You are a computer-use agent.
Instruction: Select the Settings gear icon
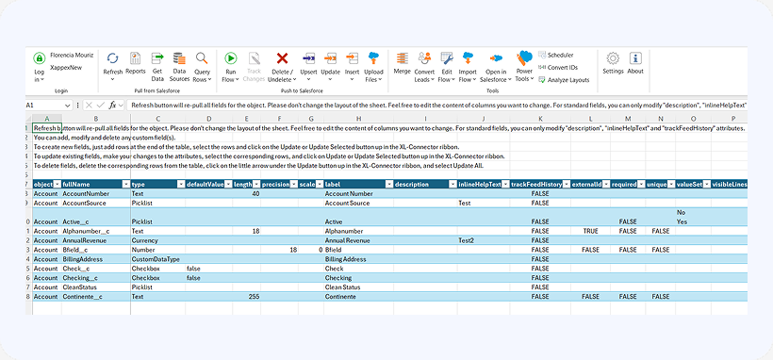tap(613, 62)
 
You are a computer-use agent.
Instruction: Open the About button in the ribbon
tap(635, 62)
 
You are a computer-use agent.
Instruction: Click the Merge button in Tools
tap(402, 62)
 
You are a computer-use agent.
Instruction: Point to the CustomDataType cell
tap(156, 258)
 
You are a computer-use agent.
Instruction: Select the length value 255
tap(253, 296)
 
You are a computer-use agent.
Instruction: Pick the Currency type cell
tap(146, 239)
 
